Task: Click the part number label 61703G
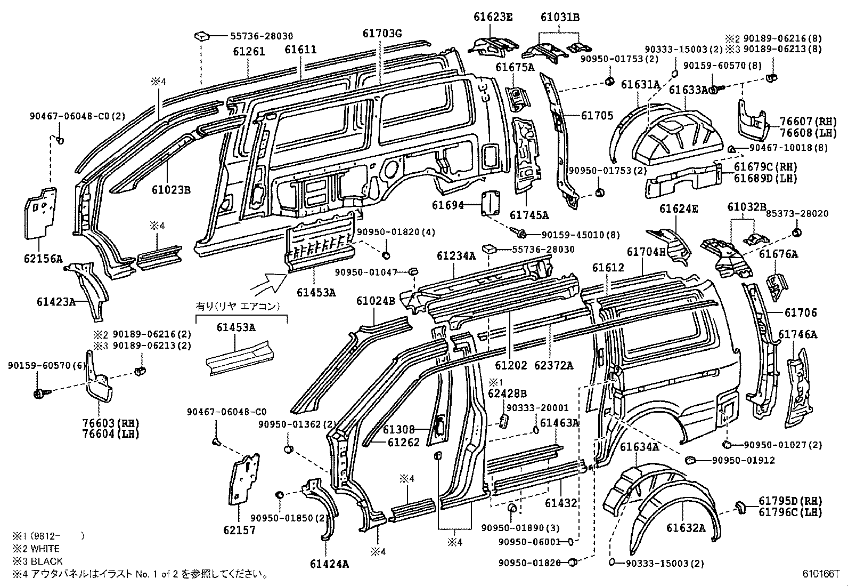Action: (x=382, y=34)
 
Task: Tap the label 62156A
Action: (x=43, y=259)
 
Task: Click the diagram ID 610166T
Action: (x=821, y=575)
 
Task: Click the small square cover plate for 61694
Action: (x=491, y=203)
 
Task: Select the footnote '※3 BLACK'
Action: (x=38, y=561)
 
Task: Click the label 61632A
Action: (x=686, y=528)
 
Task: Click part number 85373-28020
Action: (x=796, y=213)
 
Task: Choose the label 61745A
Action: (x=529, y=215)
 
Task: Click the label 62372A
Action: (x=554, y=365)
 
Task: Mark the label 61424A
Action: (x=329, y=564)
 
